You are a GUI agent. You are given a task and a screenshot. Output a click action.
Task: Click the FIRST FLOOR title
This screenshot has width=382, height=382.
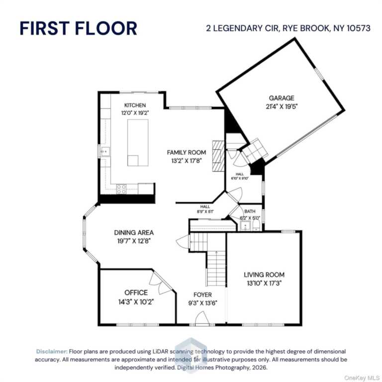coord(78,28)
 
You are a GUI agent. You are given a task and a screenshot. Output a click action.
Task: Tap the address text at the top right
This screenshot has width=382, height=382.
coord(288,28)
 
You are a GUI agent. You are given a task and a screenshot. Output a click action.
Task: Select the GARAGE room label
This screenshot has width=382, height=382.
coord(282,98)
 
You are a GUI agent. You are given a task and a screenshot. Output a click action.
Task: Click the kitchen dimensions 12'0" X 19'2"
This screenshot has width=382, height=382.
coord(135,113)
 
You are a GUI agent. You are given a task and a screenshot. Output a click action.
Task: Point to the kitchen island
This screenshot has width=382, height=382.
coord(138,143)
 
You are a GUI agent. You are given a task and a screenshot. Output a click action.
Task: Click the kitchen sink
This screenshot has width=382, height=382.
coord(105,152)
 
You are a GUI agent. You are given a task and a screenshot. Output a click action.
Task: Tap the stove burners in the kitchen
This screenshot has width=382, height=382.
coord(121,189)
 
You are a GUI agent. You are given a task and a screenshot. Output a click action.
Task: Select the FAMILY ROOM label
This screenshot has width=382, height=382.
coord(187,153)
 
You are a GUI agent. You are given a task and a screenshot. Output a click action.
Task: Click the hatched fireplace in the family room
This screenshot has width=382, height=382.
coord(218,156)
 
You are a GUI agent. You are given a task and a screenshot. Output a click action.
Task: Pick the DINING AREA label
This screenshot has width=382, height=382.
coord(134,232)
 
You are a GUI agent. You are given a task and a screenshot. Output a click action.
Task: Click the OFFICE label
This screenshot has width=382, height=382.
coord(136,292)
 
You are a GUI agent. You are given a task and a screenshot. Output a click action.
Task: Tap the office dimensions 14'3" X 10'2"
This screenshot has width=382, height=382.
coord(136,302)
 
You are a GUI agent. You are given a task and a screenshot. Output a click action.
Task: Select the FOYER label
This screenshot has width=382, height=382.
coord(203,295)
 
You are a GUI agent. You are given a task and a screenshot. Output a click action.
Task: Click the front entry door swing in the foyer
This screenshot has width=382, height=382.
coord(202,318)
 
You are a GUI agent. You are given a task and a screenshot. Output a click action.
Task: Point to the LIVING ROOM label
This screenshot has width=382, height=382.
coord(264,275)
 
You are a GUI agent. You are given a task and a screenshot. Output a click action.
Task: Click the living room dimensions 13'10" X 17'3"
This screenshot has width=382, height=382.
coord(264,284)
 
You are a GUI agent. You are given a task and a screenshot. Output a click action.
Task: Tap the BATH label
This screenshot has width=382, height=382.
coord(250,211)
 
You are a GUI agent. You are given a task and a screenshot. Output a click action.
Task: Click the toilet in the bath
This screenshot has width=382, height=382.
coord(256,226)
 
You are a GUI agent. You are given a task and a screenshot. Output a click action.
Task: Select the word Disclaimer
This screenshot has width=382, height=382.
coord(52,351)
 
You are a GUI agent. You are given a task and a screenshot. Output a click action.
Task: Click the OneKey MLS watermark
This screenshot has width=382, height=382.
coord(362,378)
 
